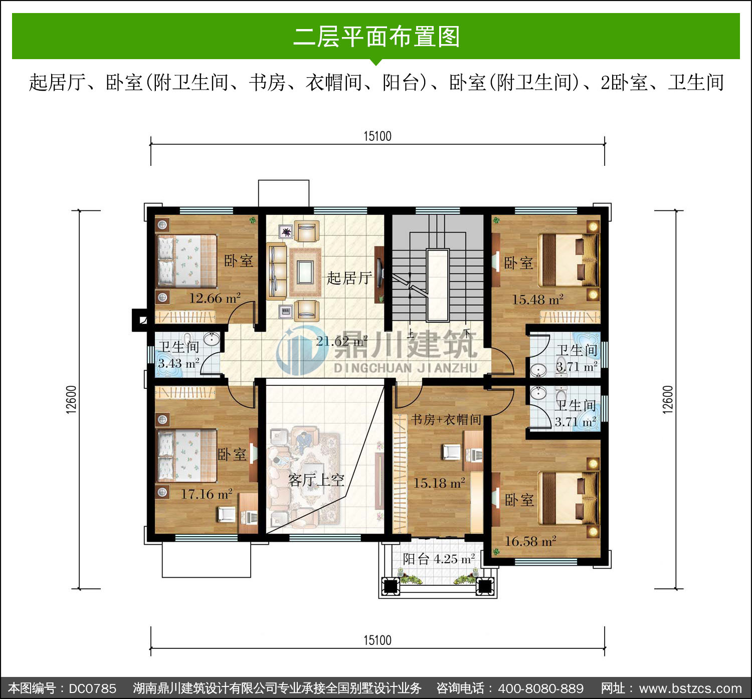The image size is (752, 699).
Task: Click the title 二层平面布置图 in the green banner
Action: click(x=377, y=37)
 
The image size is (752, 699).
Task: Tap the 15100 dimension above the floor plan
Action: click(x=378, y=136)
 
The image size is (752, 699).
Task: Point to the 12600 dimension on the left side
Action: click(x=71, y=400)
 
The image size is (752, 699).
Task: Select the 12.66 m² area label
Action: click(x=215, y=298)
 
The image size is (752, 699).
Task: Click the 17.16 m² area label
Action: click(x=207, y=494)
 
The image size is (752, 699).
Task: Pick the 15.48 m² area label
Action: click(x=538, y=300)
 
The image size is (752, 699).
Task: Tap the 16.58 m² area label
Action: click(x=530, y=541)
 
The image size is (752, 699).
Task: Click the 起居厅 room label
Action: click(x=349, y=278)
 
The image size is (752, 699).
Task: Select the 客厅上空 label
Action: click(x=316, y=480)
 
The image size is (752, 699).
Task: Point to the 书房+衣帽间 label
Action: click(x=446, y=419)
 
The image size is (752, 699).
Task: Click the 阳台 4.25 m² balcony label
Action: click(x=439, y=559)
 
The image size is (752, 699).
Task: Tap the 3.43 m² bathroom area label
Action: click(x=178, y=364)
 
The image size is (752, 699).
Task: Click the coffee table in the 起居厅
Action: click(x=305, y=272)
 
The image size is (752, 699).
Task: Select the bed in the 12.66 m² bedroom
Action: click(x=186, y=262)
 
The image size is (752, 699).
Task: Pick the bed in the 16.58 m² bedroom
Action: click(x=569, y=498)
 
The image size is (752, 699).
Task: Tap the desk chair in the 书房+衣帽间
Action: click(x=452, y=452)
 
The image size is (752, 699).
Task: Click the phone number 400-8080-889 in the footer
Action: click(x=541, y=688)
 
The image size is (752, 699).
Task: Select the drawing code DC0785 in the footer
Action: click(x=92, y=688)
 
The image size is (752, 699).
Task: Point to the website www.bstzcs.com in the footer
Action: click(x=690, y=688)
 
